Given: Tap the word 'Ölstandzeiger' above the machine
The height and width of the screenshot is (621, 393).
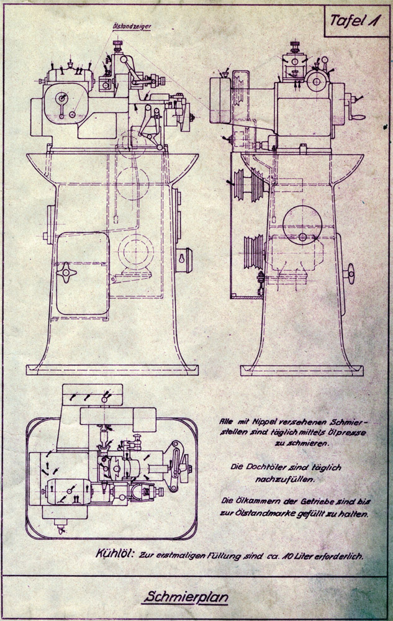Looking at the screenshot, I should point(132,27).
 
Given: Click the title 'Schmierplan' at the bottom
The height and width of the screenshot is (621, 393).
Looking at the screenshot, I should point(186,598).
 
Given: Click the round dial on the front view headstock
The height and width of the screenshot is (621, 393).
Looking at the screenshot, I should point(61,101).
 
